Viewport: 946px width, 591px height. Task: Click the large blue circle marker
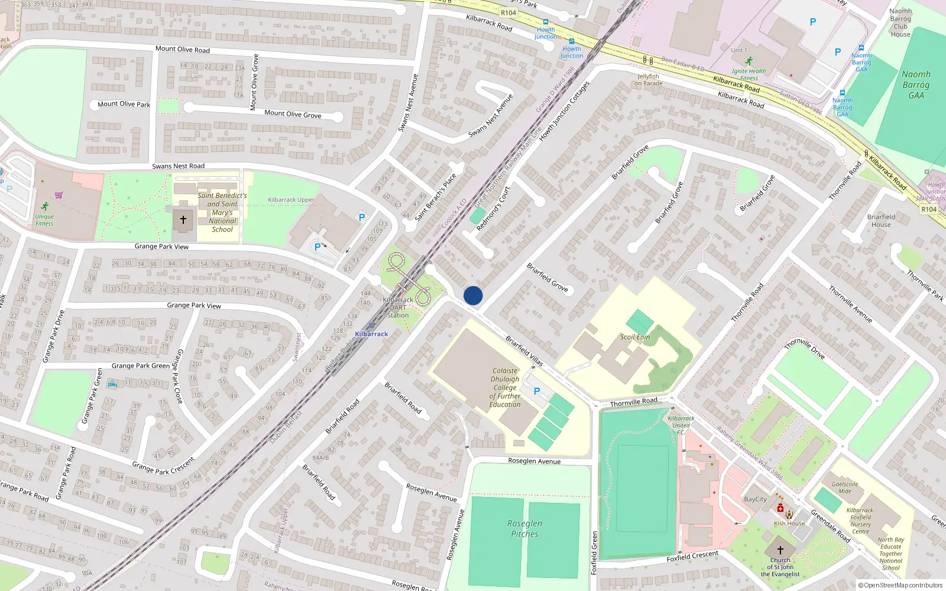point(473,295)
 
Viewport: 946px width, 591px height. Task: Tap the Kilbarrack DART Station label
point(398,307)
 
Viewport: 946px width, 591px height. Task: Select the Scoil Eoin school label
point(635,337)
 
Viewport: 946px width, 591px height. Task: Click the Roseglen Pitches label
point(524,528)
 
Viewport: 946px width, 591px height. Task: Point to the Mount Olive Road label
point(182,49)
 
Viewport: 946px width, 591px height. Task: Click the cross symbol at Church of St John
point(780,550)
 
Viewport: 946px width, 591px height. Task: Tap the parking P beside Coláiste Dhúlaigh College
point(537,391)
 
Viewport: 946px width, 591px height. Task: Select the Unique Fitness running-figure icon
point(45,206)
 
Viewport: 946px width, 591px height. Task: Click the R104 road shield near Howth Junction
point(508,12)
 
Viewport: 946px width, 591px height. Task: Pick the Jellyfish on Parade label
point(649,80)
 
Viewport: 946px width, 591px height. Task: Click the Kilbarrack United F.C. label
point(681,425)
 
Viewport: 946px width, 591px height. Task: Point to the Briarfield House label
point(881,220)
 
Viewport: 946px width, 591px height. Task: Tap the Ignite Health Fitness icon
point(749,61)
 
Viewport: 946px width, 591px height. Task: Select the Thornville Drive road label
point(804,349)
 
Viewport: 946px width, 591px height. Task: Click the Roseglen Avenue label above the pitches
point(534,461)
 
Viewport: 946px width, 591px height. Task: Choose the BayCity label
point(755,499)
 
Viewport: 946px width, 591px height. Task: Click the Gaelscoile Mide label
point(845,487)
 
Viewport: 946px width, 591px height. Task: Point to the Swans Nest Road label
point(178,166)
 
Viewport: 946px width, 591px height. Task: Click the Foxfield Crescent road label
point(692,556)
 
